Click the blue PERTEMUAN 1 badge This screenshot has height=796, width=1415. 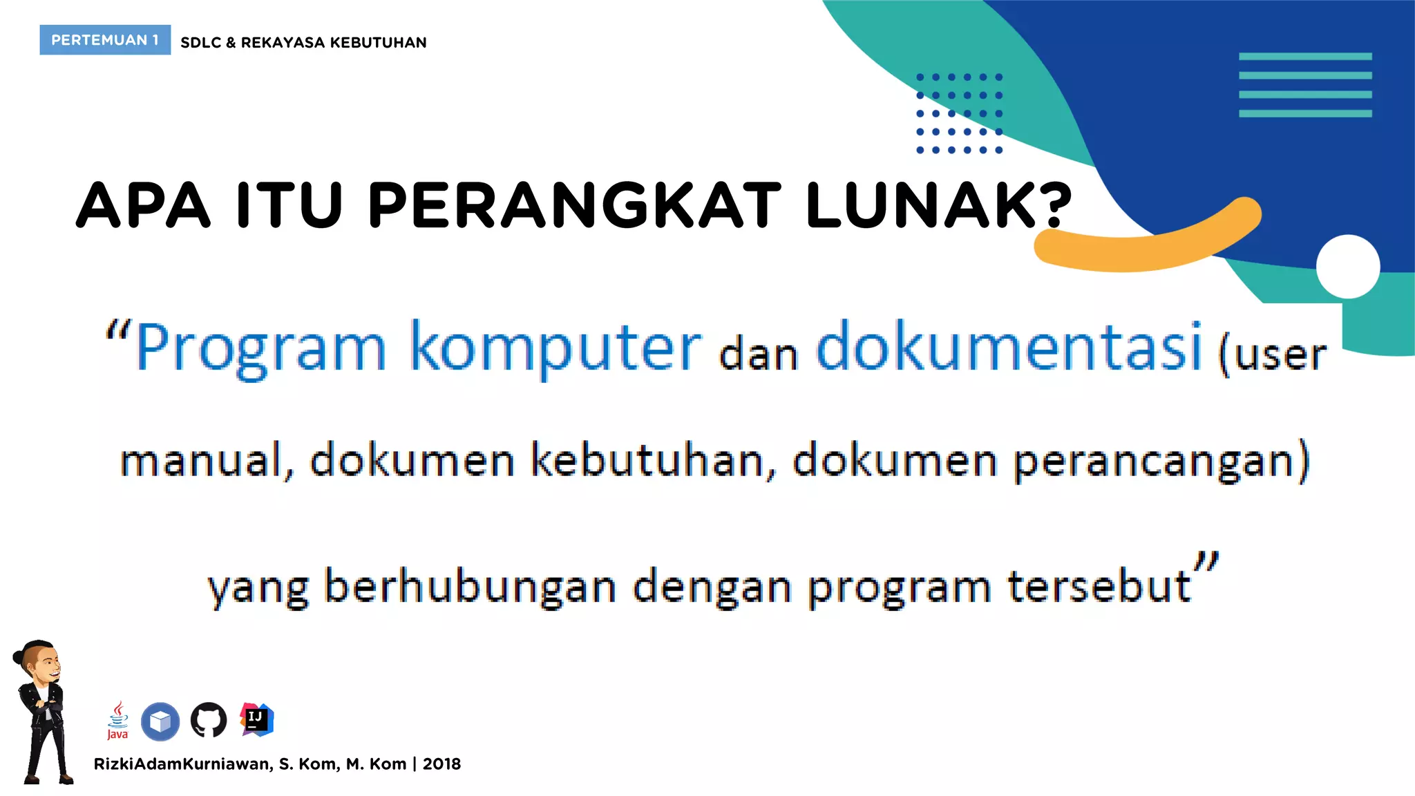[105, 40]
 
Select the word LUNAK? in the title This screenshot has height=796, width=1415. [938, 205]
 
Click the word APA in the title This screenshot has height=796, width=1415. [143, 205]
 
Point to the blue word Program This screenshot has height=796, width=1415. [260, 348]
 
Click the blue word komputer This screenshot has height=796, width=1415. [556, 348]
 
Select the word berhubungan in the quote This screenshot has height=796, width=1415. [470, 587]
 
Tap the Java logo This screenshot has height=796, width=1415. [117, 721]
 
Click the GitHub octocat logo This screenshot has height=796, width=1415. [209, 720]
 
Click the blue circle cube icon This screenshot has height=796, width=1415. [160, 721]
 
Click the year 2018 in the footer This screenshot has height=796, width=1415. [441, 764]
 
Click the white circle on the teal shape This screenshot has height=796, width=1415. [1348, 267]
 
